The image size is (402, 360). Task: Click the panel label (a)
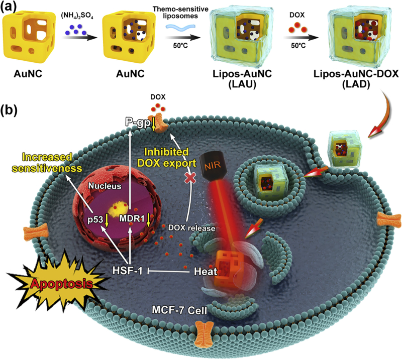(x=11, y=7)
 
